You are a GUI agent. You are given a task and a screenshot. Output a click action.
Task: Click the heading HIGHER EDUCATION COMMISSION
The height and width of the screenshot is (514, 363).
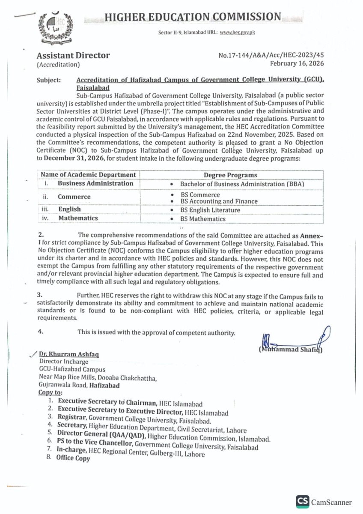pyautogui.click(x=193, y=17)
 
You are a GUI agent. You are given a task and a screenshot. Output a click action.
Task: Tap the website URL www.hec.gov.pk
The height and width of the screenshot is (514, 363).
pyautogui.click(x=238, y=33)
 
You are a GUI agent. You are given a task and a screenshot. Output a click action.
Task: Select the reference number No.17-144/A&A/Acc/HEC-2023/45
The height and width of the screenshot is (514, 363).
pyautogui.click(x=271, y=56)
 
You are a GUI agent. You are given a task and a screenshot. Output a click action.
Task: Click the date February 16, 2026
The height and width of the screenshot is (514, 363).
pyautogui.click(x=297, y=63)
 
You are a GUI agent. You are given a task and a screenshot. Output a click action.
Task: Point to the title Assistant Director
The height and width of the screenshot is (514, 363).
pyautogui.click(x=73, y=55)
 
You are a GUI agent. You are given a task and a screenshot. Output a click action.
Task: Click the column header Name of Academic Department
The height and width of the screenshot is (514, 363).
pyautogui.click(x=88, y=175)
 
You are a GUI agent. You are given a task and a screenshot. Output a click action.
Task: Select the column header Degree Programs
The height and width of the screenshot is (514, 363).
pyautogui.click(x=230, y=175)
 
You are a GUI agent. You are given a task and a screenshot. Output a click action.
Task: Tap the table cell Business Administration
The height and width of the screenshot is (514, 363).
pyautogui.click(x=95, y=183)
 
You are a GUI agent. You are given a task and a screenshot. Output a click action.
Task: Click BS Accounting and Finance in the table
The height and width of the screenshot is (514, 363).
pyautogui.click(x=219, y=201)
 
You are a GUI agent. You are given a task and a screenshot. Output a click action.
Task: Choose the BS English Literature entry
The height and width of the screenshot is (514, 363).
pyautogui.click(x=210, y=210)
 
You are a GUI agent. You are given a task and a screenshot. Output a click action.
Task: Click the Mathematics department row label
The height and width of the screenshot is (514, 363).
pyautogui.click(x=78, y=218)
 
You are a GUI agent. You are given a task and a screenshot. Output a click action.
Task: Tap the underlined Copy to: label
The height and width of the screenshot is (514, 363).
pyautogui.click(x=51, y=392)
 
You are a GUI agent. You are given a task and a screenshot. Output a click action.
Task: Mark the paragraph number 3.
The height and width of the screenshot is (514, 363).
pyautogui.click(x=41, y=295)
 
